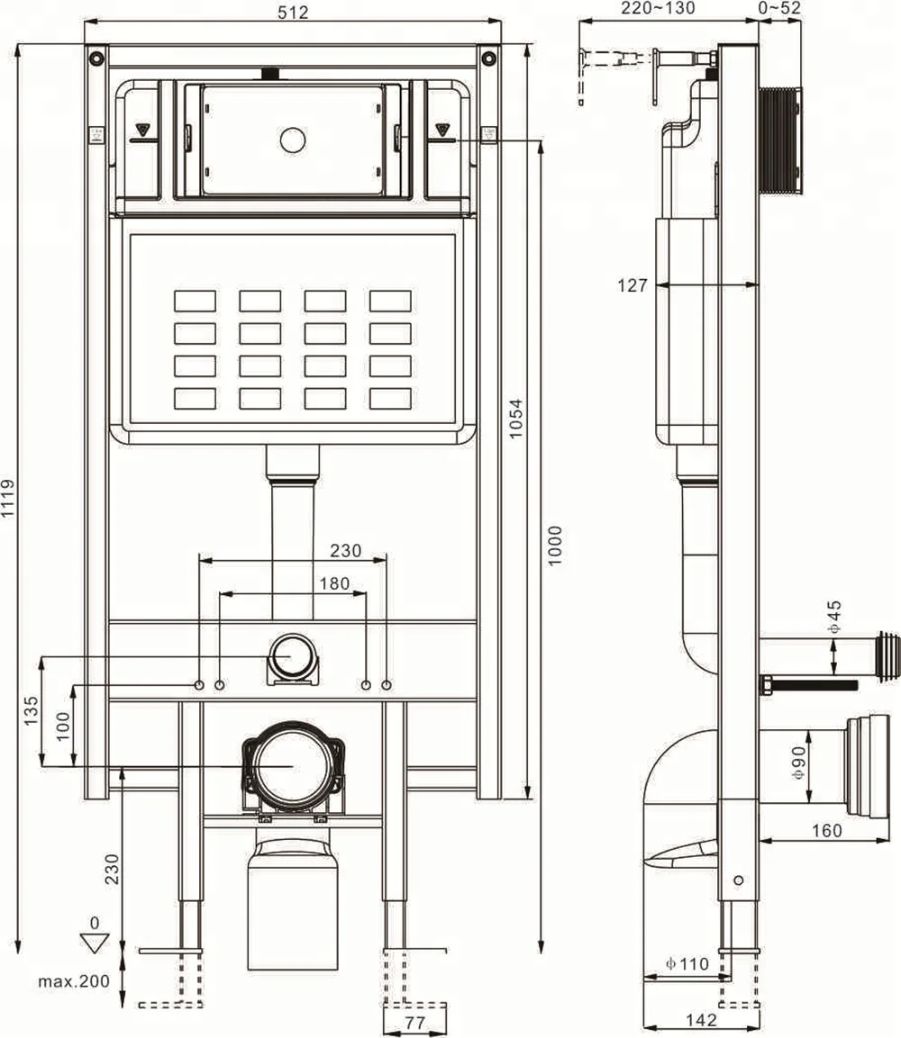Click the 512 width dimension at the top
tap(293, 12)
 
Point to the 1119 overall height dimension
tap(8, 498)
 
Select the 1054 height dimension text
tap(516, 418)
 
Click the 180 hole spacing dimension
tap(335, 583)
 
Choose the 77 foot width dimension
tap(414, 1023)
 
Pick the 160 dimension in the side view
tap(825, 830)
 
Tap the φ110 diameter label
tap(687, 963)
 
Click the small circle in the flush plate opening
tap(293, 140)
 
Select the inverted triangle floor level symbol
tap(93, 943)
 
